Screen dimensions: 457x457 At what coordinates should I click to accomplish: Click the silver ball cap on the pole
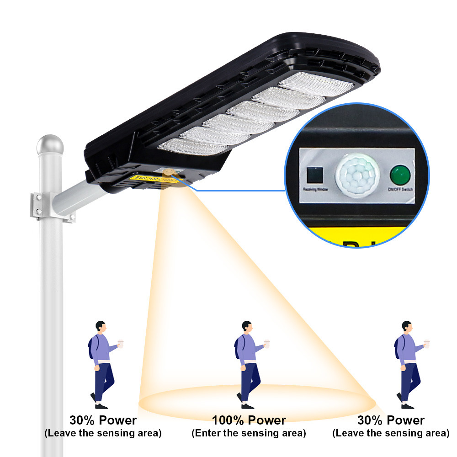point(50,145)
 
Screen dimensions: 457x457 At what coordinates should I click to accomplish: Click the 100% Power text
point(249,420)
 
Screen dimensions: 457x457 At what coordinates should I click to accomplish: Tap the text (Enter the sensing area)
point(249,433)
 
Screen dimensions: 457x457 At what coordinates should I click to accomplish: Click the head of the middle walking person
point(247,327)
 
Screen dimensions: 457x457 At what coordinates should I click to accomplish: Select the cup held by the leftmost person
point(121,343)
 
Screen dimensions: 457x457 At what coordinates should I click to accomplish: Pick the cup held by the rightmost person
point(427,343)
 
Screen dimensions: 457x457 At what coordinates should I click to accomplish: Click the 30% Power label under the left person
point(103,420)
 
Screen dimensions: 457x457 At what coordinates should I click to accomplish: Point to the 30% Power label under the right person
point(391,420)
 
